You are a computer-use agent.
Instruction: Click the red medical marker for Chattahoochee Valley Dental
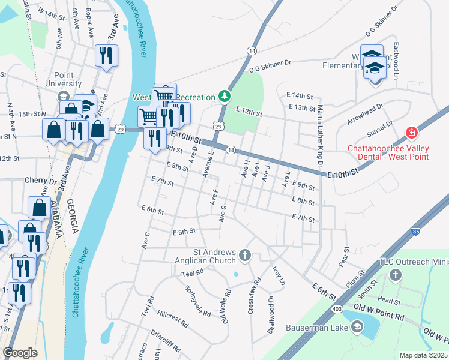(412, 133)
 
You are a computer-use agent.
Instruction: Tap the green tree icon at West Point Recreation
(224, 96)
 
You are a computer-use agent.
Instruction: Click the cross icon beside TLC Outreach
(395, 275)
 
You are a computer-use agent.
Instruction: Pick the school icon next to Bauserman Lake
(357, 327)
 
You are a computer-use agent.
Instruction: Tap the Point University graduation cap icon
(62, 97)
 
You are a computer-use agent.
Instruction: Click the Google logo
(20, 353)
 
